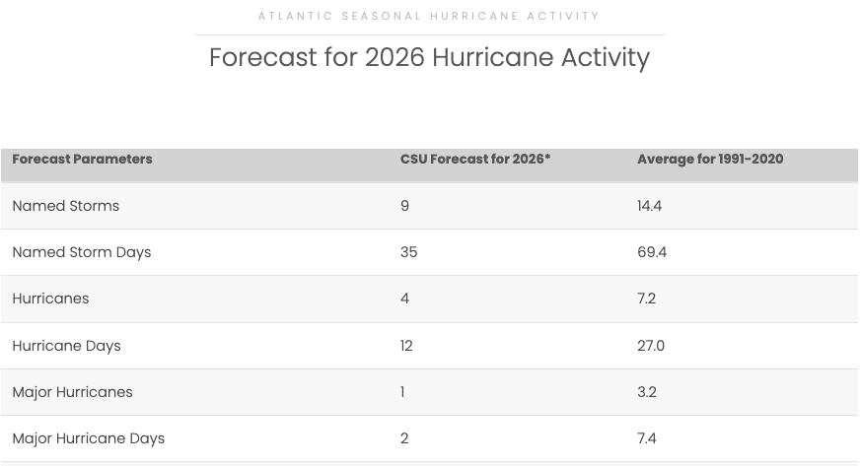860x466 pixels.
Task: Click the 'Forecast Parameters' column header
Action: click(82, 159)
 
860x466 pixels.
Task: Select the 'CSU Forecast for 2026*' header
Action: click(475, 159)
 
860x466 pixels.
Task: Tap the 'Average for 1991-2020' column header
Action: click(710, 159)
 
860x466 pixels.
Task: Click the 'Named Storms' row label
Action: click(66, 206)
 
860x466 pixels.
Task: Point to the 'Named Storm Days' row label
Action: click(82, 252)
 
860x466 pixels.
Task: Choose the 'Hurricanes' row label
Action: click(50, 299)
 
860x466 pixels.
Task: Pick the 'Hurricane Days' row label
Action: click(66, 346)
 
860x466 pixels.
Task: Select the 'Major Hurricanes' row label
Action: click(72, 392)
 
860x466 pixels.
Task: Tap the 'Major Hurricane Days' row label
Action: click(89, 438)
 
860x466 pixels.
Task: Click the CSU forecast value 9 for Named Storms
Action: click(404, 206)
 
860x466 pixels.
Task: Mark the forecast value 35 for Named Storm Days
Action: click(409, 252)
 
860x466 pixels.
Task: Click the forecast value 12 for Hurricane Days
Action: click(406, 346)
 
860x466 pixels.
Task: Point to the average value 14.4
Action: click(649, 206)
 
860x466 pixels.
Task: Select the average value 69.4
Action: click(652, 252)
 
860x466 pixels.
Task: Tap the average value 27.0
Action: click(651, 346)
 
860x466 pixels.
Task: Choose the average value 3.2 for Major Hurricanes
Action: click(647, 392)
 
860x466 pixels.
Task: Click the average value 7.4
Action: click(647, 438)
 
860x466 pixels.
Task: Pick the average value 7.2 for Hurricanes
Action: click(647, 299)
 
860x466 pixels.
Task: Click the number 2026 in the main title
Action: click(394, 57)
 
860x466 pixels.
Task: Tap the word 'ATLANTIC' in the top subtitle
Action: click(296, 16)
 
